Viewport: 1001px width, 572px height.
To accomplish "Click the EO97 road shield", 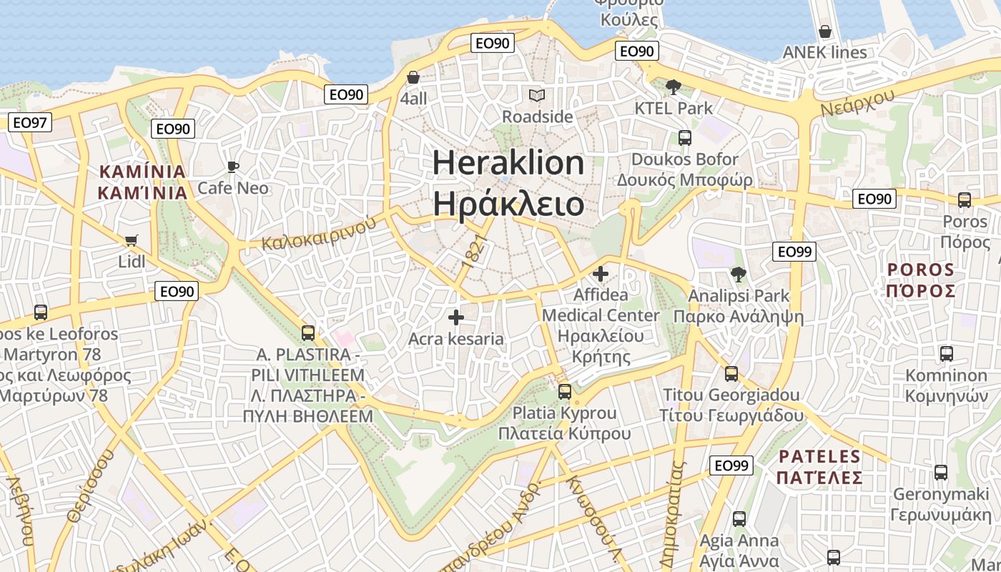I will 29,122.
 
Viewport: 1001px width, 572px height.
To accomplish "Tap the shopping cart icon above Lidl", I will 131,240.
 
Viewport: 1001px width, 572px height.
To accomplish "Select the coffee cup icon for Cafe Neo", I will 232,167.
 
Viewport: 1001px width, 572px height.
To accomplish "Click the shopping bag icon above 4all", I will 413,77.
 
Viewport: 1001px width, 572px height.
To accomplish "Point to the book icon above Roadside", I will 537,95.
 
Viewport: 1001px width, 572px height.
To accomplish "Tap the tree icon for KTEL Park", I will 673,87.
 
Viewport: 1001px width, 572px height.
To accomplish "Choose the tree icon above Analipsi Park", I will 738,274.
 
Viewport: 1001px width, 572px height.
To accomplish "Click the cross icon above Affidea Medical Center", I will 601,273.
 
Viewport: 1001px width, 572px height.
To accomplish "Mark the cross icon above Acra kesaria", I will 456,317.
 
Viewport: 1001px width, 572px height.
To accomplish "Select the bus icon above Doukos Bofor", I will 685,137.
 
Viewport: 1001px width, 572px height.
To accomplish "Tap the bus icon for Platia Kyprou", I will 565,391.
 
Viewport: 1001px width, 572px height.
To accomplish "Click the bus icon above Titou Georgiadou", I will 731,373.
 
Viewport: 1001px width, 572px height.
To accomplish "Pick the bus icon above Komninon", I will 947,353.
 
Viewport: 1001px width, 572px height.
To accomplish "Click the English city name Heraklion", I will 508,163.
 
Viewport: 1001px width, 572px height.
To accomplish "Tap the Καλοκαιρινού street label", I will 319,233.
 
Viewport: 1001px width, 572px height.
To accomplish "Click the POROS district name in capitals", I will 921,270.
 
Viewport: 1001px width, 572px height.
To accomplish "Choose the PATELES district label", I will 820,456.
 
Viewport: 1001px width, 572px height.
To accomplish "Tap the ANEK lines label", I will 824,52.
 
